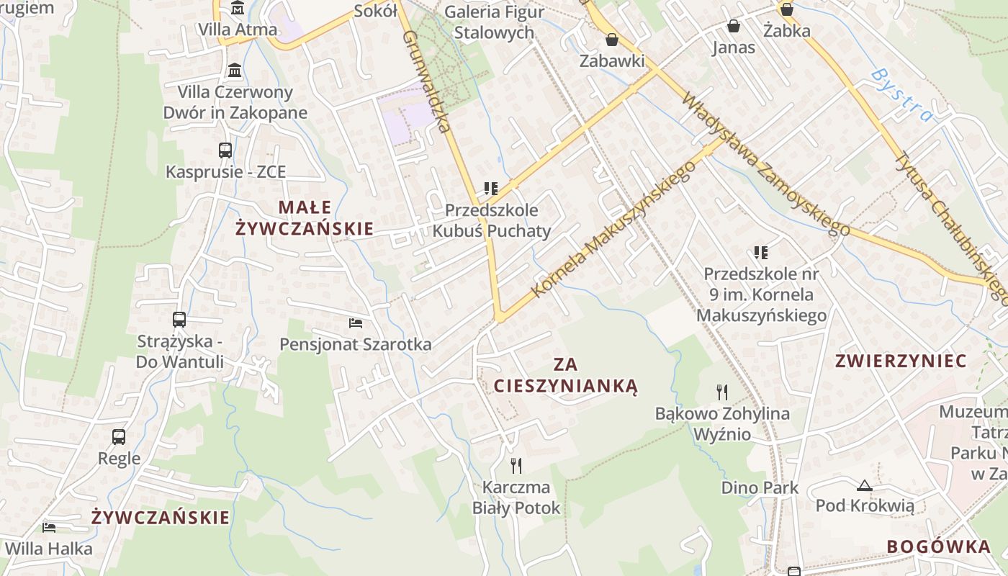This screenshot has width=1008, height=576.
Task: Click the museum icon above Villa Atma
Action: (237, 8)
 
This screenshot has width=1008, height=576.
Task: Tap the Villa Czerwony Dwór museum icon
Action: (235, 71)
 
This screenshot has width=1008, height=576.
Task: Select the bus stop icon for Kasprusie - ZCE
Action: (225, 150)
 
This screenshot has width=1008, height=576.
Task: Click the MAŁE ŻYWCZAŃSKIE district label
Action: (305, 218)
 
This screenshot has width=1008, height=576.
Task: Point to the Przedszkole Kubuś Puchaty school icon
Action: (491, 189)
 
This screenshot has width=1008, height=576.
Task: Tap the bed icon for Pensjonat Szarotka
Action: (356, 323)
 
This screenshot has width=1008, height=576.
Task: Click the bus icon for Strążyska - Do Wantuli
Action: (179, 319)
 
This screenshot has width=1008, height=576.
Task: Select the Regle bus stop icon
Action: (119, 436)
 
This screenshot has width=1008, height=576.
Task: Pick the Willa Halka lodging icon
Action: (49, 528)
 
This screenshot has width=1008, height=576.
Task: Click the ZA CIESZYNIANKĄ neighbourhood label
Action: (566, 375)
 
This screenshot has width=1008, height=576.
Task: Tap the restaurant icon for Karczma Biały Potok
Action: (516, 466)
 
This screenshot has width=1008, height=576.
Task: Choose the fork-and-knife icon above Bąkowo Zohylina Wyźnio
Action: (722, 392)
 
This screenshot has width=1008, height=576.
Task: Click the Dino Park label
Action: (760, 487)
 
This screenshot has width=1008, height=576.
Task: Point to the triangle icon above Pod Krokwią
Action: (865, 485)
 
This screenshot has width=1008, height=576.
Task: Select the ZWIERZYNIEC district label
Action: (901, 361)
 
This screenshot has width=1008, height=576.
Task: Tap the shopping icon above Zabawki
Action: (612, 40)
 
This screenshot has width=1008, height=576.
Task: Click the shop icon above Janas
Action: (734, 27)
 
